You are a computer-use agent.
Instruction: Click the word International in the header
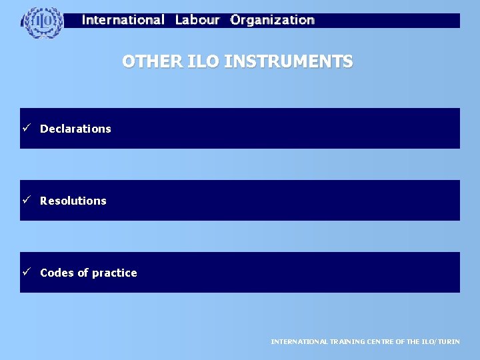click(123, 20)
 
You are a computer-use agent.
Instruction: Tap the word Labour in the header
click(197, 20)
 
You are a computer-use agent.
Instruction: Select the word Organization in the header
click(272, 20)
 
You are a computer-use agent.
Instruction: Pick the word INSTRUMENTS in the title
click(289, 62)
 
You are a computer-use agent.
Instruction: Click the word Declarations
click(75, 129)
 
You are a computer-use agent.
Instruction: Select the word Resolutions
click(73, 201)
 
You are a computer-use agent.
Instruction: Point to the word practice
click(115, 273)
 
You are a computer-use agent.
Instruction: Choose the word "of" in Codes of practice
click(82, 273)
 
